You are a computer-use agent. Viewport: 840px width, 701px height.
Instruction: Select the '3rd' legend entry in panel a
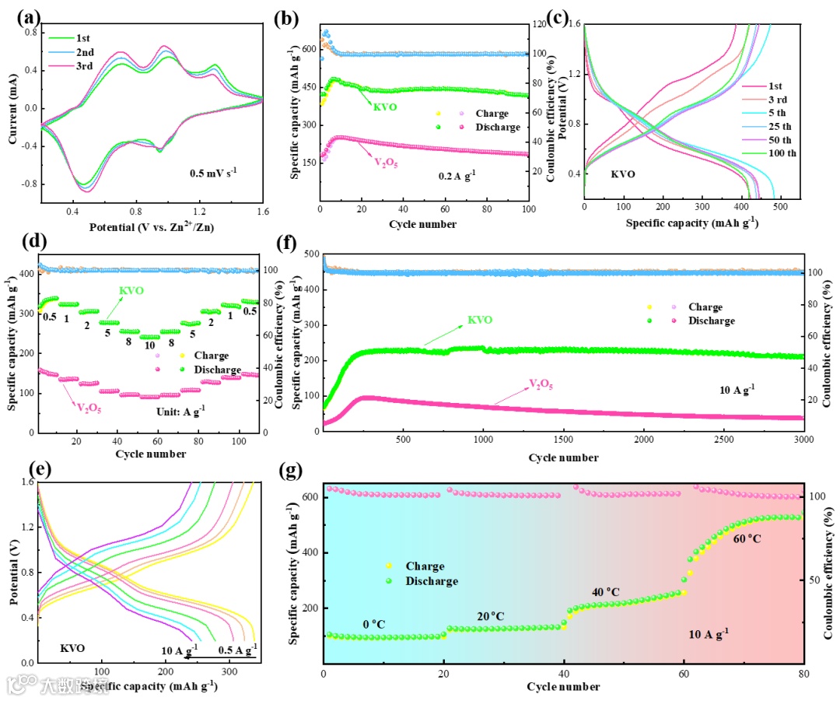point(85,66)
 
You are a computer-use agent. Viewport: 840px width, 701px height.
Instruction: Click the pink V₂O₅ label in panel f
point(541,383)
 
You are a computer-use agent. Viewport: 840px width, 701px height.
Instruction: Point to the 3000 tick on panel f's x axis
point(803,440)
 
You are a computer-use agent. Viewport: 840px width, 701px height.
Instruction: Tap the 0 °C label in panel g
point(375,624)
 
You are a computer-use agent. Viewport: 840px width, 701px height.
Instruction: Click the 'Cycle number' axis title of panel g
point(563,686)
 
